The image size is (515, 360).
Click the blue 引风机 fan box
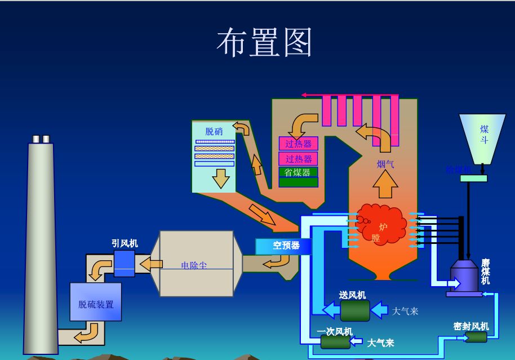(124, 263)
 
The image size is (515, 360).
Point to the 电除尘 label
(193, 265)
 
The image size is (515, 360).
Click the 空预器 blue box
(283, 246)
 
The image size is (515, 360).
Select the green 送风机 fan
(355, 310)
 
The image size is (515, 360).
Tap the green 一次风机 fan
(335, 341)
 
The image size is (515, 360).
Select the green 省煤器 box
(298, 172)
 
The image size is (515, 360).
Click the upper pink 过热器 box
(298, 144)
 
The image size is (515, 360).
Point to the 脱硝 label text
(214, 132)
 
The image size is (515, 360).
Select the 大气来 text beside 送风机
(405, 311)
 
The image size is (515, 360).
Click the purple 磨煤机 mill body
(464, 275)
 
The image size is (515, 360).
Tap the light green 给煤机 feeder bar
(473, 179)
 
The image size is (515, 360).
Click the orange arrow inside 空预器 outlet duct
(277, 261)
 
